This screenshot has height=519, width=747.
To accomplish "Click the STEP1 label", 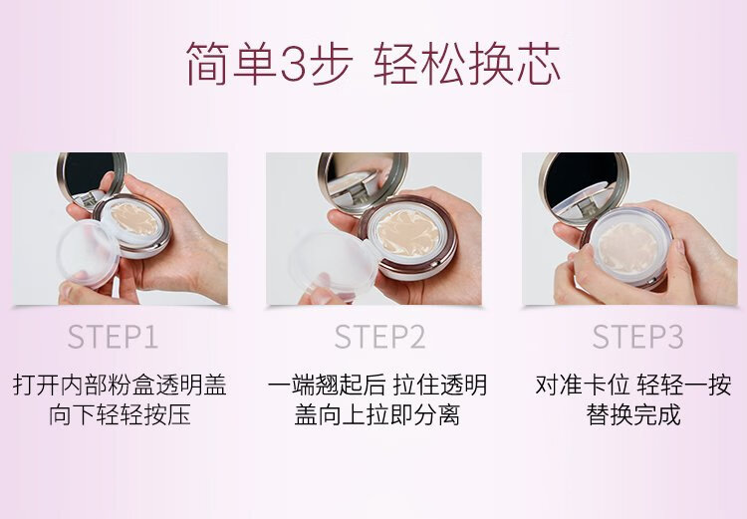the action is point(113,337).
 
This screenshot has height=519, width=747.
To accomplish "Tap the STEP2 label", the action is point(379,337).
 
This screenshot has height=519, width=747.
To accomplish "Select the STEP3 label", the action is point(637,337).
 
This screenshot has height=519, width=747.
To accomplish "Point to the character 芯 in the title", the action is point(538,64).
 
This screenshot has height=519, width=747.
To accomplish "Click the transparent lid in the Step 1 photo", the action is point(88,253).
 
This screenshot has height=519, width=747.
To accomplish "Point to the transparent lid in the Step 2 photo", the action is point(333,265).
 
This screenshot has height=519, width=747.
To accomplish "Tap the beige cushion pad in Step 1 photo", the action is point(134,218).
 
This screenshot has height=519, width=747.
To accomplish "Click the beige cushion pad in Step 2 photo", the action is point(407,234).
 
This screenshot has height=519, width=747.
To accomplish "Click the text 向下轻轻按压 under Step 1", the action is point(120,415).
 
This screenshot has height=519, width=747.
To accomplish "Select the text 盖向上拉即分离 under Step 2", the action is point(376,415).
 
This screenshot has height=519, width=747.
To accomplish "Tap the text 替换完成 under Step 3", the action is point(633,415).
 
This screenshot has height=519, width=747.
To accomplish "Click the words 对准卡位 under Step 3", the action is point(583,386).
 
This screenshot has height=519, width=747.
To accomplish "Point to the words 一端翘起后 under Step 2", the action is point(327,386).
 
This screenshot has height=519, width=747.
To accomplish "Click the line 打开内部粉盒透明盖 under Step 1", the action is point(120,386).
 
